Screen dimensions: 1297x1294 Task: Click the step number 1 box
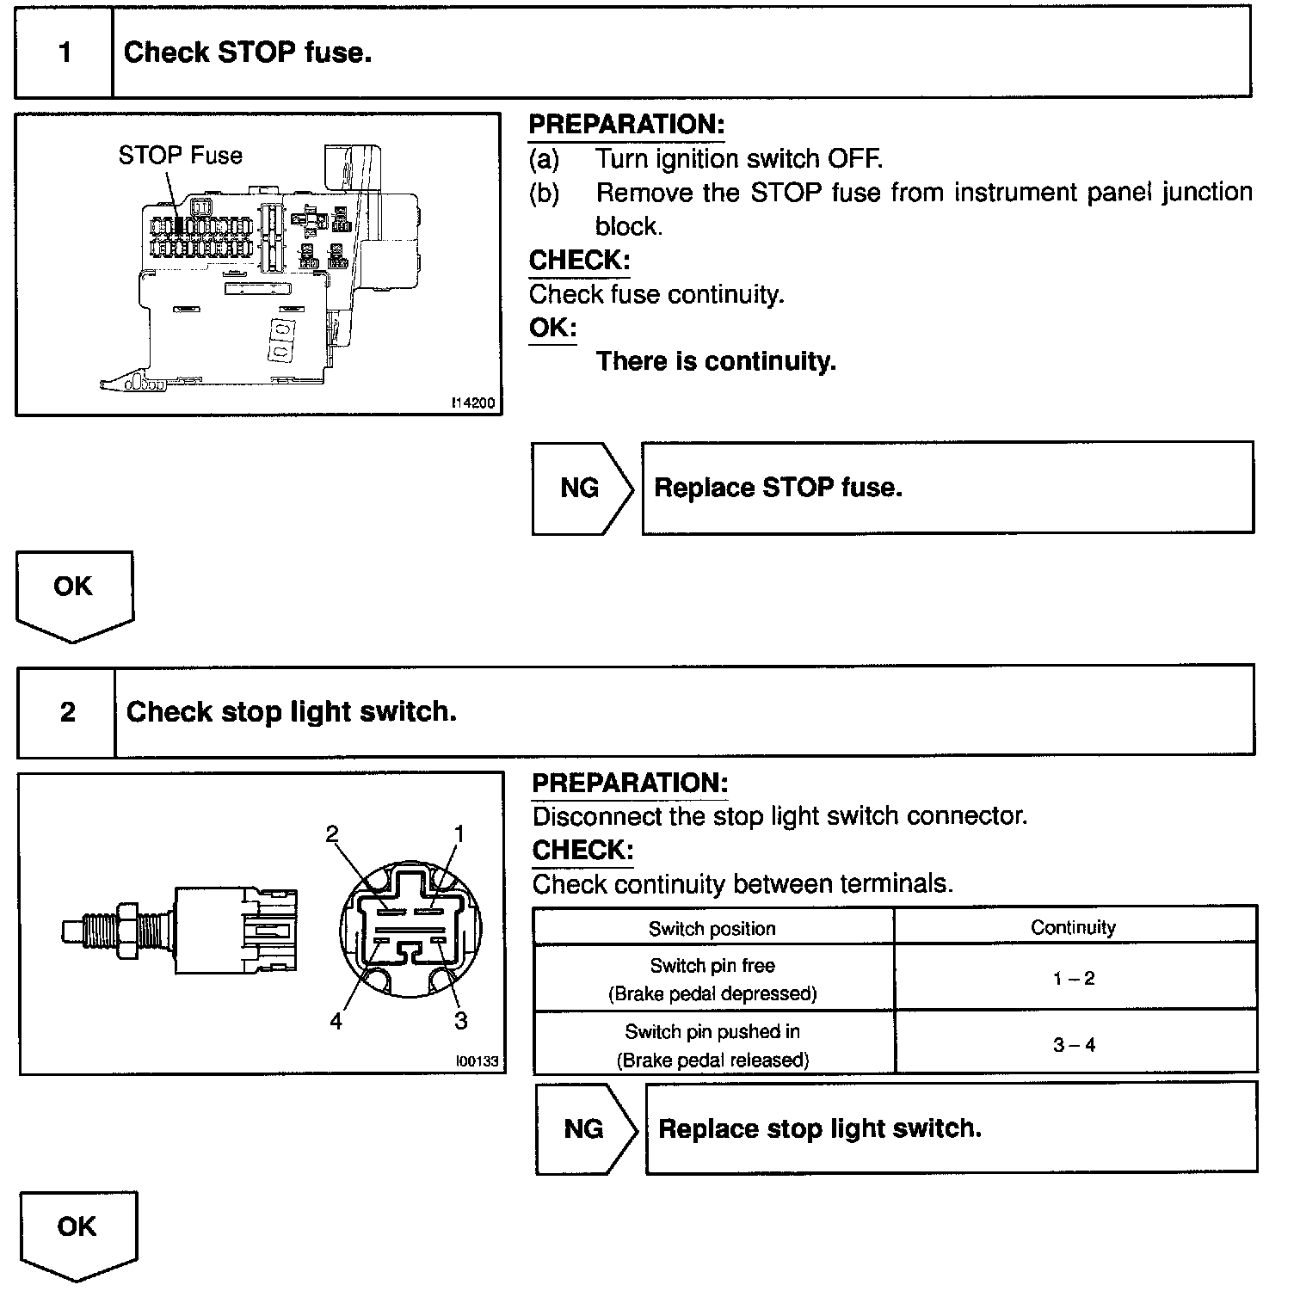(65, 52)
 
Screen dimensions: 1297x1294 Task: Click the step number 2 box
(67, 712)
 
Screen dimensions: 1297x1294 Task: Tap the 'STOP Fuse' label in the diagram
(181, 156)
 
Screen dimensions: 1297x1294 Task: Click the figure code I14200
(475, 403)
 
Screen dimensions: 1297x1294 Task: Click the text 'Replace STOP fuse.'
(778, 488)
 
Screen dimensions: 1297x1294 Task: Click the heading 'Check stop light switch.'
(291, 712)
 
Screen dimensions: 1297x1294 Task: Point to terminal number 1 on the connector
(459, 833)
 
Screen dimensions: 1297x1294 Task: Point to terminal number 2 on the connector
(332, 833)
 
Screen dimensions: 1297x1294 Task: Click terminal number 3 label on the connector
(461, 1021)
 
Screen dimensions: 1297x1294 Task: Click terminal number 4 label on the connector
(336, 1021)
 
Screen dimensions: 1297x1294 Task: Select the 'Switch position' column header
(712, 929)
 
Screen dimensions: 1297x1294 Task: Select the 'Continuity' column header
(1073, 927)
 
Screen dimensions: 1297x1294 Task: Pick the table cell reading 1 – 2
(1074, 978)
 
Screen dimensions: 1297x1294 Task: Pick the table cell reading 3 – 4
(1074, 1045)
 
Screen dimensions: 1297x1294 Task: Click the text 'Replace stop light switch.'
(819, 1128)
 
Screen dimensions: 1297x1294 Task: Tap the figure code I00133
(478, 1061)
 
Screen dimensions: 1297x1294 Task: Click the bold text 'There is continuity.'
(716, 361)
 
